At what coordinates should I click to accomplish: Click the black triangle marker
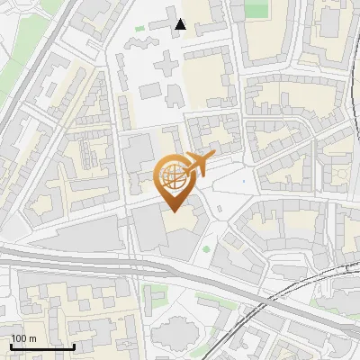pos(181,24)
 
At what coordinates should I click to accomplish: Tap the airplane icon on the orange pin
pos(195,165)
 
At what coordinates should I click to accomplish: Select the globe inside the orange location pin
pos(172,176)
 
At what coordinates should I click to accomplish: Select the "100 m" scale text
pos(23,338)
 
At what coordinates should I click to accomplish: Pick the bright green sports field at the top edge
pos(256,8)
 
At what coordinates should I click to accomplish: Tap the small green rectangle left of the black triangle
pos(140,30)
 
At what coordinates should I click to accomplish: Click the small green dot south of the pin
pos(206,249)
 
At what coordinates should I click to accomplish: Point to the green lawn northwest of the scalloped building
pos(153,292)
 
